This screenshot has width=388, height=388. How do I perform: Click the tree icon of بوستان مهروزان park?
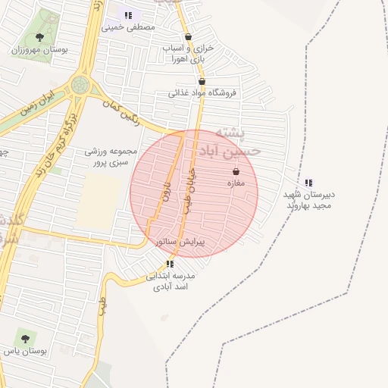(x=39, y=36)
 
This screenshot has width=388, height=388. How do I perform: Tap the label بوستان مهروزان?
(x=40, y=49)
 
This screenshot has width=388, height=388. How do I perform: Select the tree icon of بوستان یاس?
(x=25, y=339)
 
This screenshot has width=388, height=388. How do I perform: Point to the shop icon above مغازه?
(x=236, y=171)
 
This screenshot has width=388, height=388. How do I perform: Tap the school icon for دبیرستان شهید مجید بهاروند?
(x=308, y=183)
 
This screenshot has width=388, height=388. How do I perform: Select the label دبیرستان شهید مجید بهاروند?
(x=308, y=200)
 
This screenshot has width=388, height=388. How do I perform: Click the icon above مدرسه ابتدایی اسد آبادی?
(x=170, y=264)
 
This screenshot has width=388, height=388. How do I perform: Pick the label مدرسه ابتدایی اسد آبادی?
(x=171, y=281)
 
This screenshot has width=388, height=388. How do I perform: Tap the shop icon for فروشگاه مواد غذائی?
(x=202, y=81)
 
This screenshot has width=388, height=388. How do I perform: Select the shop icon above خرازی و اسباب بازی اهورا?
(x=188, y=36)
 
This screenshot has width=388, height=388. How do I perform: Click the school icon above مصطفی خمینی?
(x=128, y=14)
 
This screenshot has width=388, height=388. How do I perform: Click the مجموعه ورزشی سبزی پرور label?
(x=111, y=156)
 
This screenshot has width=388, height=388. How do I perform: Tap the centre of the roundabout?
(x=79, y=85)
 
